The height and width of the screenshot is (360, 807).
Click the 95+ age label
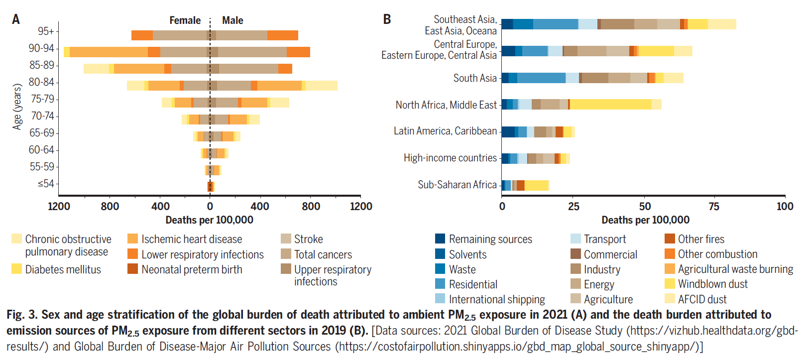pyautogui.click(x=46, y=31)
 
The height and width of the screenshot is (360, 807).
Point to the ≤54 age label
pyautogui.click(x=46, y=184)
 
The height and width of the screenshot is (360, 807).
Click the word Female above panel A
pyautogui.click(x=185, y=20)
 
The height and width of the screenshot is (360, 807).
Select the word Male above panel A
pyautogui.click(x=232, y=20)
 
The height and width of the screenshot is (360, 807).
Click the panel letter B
pyautogui.click(x=387, y=19)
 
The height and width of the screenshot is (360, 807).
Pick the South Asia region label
pyautogui.click(x=475, y=78)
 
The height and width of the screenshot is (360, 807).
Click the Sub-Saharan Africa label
pyautogui.click(x=457, y=185)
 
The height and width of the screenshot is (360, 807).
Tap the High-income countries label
pyautogui.click(x=450, y=158)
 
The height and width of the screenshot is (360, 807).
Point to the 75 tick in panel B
pyautogui.click(x=714, y=206)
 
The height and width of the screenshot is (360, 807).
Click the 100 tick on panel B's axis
pyautogui.click(x=785, y=206)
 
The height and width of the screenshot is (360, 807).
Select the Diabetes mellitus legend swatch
pyautogui.click(x=17, y=269)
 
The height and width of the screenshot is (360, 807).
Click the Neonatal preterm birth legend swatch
pyautogui.click(x=133, y=269)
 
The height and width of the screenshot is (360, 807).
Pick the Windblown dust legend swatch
pyautogui.click(x=670, y=284)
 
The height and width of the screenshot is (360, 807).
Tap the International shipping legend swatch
pyautogui.click(x=440, y=299)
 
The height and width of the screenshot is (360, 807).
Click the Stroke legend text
pyautogui.click(x=308, y=239)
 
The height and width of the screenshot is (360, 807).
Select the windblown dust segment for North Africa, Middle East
pyautogui.click(x=610, y=104)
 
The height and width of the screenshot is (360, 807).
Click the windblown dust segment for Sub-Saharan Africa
pyautogui.click(x=536, y=185)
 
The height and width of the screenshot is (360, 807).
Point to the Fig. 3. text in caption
pyautogui.click(x=22, y=315)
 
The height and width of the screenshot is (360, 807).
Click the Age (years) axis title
pyautogui.click(x=17, y=107)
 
